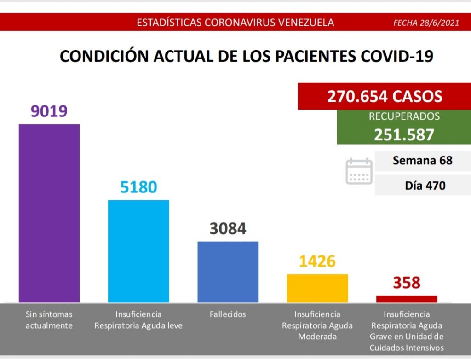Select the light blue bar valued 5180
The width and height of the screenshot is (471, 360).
(x=138, y=251)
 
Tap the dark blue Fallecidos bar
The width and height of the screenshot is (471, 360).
(x=228, y=272)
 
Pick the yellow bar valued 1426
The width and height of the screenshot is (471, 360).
(x=317, y=288)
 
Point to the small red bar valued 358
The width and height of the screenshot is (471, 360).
(x=407, y=299)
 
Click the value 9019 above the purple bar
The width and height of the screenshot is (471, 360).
(x=49, y=111)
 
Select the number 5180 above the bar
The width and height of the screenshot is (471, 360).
(x=138, y=187)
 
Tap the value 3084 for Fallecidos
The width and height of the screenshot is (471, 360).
(x=228, y=228)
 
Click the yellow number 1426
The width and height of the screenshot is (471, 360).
(x=317, y=261)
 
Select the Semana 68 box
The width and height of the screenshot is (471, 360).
(x=422, y=161)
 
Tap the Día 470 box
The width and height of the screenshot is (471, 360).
(x=422, y=186)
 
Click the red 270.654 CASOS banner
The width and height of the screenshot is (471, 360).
(x=385, y=96)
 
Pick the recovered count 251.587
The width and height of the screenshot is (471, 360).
(x=404, y=134)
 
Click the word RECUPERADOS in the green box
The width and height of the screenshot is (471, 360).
(x=404, y=116)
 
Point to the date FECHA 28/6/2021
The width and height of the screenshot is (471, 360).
(x=426, y=23)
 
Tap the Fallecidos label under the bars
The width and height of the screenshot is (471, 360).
(x=228, y=314)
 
